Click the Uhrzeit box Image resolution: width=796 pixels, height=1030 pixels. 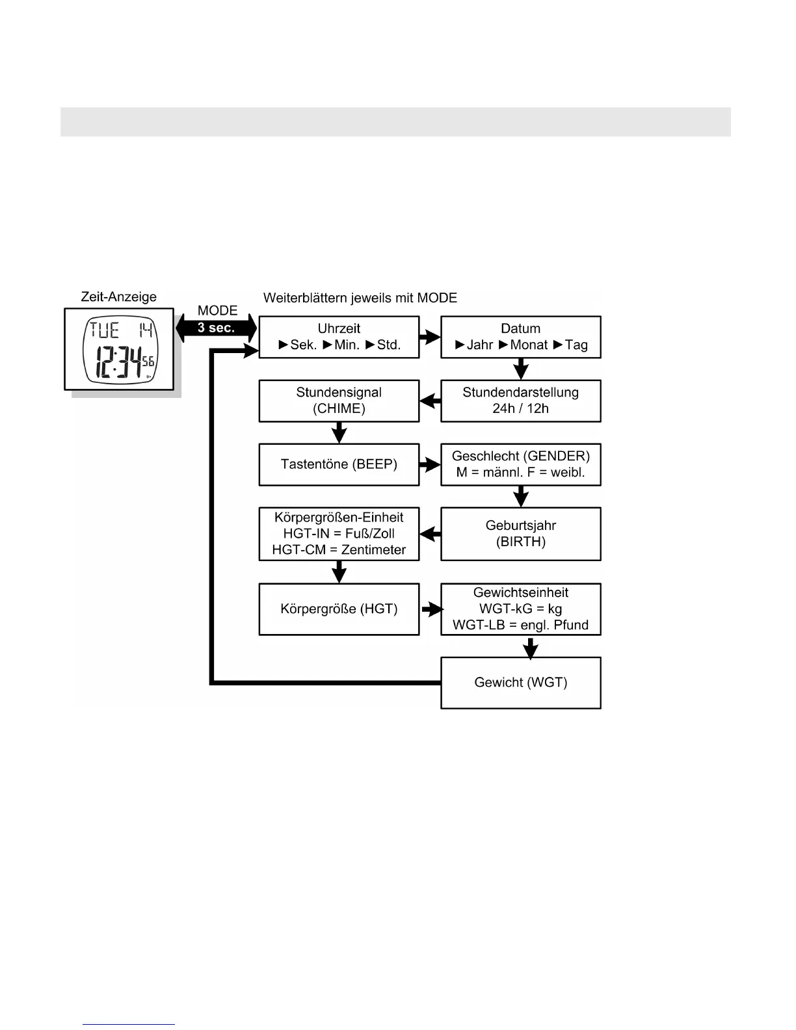(x=339, y=337)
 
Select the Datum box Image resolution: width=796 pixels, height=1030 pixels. (x=520, y=337)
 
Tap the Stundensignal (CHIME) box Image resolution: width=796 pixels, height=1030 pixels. (x=339, y=401)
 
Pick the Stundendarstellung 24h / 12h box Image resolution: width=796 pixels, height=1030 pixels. (x=520, y=401)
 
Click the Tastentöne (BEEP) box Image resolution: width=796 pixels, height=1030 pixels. (x=339, y=464)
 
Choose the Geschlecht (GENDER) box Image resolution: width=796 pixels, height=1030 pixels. (x=520, y=464)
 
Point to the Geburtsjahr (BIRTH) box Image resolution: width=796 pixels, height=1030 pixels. (x=520, y=533)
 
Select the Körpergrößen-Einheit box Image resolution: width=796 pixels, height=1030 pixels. (x=339, y=533)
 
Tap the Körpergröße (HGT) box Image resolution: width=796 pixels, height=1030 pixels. (x=339, y=609)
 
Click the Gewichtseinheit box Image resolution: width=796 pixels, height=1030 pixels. (x=520, y=609)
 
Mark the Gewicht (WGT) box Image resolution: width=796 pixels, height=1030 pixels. (x=520, y=682)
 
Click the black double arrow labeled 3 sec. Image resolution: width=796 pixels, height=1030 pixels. (x=217, y=327)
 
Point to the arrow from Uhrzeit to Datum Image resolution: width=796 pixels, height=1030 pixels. (x=430, y=337)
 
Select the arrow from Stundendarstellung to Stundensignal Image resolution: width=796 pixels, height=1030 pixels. (x=430, y=401)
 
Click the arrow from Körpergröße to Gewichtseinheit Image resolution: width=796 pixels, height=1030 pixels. (x=432, y=609)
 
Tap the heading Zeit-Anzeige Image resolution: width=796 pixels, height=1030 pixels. (x=118, y=297)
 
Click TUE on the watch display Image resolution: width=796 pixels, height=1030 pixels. (x=104, y=330)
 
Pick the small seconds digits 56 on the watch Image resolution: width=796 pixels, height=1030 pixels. (x=148, y=362)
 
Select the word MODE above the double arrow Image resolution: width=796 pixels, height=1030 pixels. (x=217, y=311)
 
